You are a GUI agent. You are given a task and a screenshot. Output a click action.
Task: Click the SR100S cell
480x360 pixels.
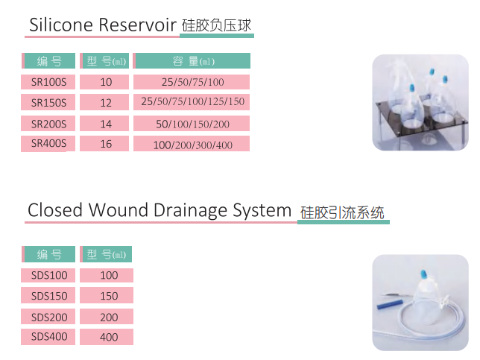(48, 82)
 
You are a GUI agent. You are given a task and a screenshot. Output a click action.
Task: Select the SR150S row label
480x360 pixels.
(48, 102)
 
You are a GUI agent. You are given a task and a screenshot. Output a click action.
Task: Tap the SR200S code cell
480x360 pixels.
(48, 124)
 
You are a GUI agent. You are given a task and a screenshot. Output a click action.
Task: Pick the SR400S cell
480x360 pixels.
(48, 144)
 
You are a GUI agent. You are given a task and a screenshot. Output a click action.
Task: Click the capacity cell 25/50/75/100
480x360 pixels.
(192, 82)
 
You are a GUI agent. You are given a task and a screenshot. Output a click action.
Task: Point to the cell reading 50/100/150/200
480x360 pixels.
(192, 124)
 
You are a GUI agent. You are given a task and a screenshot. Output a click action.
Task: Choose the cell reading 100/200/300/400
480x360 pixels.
(192, 144)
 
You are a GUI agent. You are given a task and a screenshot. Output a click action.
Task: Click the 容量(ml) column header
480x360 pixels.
(192, 60)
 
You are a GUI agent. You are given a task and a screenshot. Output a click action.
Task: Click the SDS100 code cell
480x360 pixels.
(48, 275)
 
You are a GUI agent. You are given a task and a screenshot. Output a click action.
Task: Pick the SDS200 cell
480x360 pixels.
(48, 317)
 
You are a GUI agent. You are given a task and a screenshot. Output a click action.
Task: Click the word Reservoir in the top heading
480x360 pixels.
(137, 25)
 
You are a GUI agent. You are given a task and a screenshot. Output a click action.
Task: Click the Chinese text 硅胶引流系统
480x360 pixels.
(342, 212)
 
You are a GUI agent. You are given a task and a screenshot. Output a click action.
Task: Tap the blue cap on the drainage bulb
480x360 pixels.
(424, 274)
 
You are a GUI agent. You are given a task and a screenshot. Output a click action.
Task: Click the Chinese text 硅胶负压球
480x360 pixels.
(216, 25)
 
